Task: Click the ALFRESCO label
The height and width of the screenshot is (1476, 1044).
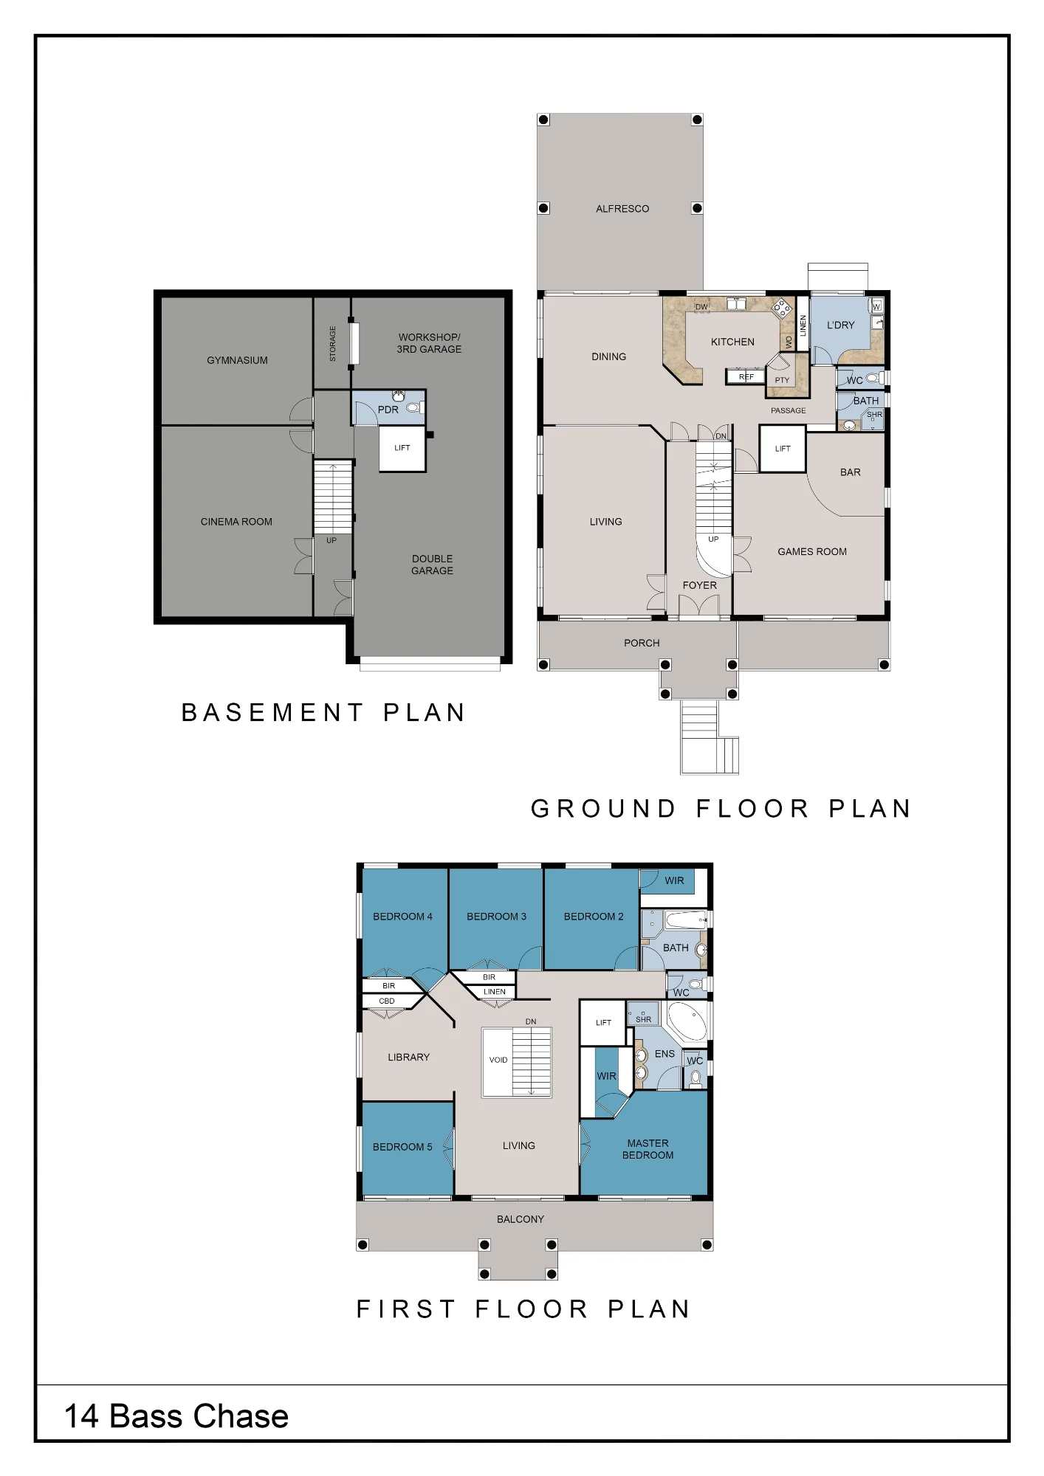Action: (622, 209)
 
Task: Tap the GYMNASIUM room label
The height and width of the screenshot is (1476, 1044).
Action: (237, 360)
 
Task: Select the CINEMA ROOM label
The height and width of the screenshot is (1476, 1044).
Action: (236, 522)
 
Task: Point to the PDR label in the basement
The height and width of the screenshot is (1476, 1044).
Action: (388, 410)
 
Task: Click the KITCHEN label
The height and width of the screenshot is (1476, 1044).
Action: (732, 342)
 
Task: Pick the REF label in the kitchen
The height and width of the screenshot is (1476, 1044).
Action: (746, 377)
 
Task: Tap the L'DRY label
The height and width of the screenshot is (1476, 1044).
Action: (841, 325)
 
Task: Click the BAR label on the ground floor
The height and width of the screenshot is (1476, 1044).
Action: (851, 472)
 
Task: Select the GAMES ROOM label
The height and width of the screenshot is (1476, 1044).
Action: (812, 551)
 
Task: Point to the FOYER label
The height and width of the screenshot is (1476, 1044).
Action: (700, 585)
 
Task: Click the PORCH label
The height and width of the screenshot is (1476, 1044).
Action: (642, 643)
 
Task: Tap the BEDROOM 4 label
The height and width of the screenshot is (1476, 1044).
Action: (402, 917)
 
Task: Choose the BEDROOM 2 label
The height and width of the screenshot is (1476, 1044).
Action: (594, 917)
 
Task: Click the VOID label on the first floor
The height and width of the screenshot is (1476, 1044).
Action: (498, 1060)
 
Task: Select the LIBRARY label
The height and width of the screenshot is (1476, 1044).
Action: (408, 1057)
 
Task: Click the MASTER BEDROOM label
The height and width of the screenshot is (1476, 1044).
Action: (648, 1149)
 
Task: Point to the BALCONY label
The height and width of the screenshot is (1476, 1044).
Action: (521, 1219)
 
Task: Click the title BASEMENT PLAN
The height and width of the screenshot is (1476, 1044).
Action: (323, 712)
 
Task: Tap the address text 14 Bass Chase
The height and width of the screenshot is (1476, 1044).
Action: (176, 1416)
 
